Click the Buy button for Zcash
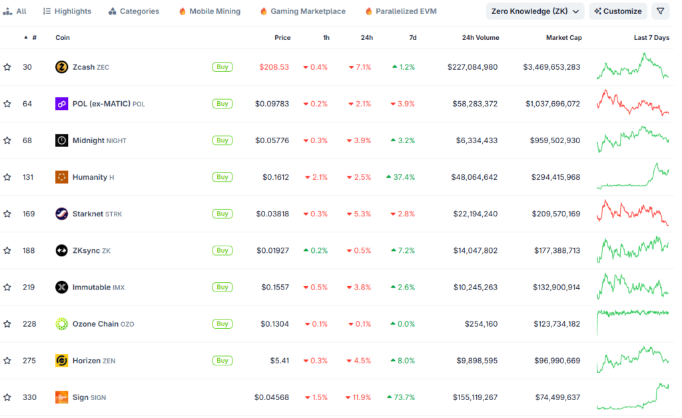pyautogui.click(x=222, y=67)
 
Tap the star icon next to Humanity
pyautogui.click(x=7, y=177)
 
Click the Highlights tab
pyautogui.click(x=67, y=11)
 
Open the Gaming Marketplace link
pyautogui.click(x=302, y=11)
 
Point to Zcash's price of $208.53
pyautogui.click(x=274, y=67)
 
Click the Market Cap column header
pyautogui.click(x=563, y=38)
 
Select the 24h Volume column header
pyautogui.click(x=480, y=38)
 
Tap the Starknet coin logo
pyautogui.click(x=61, y=214)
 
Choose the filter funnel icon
pyautogui.click(x=660, y=11)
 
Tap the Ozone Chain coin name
pyautogui.click(x=95, y=324)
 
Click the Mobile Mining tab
pyautogui.click(x=210, y=11)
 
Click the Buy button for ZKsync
pyautogui.click(x=222, y=250)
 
